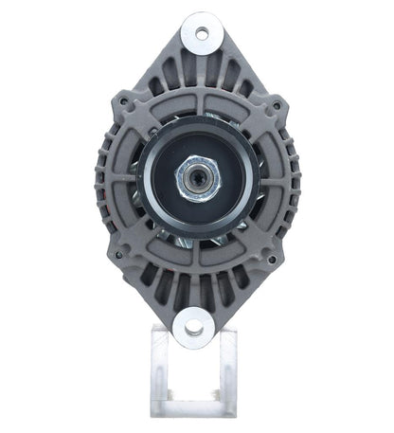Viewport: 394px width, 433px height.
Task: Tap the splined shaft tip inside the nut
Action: [198, 175]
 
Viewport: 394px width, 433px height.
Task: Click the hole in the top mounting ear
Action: [200, 34]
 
